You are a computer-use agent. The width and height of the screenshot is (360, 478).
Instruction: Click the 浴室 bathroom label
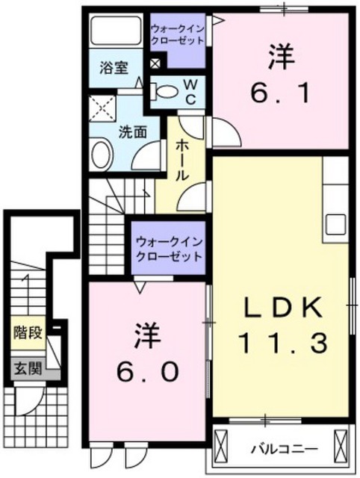(114, 68)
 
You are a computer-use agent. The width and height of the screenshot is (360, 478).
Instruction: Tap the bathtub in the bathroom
(116, 31)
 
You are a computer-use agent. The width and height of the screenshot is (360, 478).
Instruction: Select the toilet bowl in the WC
(165, 90)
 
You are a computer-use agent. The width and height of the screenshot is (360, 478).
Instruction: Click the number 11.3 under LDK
(285, 343)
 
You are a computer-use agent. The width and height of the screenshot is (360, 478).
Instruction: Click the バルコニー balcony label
(284, 449)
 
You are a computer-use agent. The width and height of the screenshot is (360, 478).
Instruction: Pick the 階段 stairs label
(28, 332)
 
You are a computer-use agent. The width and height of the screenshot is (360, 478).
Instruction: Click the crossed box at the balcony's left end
(222, 443)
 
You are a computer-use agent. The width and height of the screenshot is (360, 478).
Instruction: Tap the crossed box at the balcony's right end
(341, 443)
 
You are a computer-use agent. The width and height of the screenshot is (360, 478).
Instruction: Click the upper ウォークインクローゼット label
(178, 34)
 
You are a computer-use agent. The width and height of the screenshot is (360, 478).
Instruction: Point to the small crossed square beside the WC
(155, 63)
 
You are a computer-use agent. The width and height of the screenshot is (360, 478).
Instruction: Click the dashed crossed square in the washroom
(102, 108)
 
